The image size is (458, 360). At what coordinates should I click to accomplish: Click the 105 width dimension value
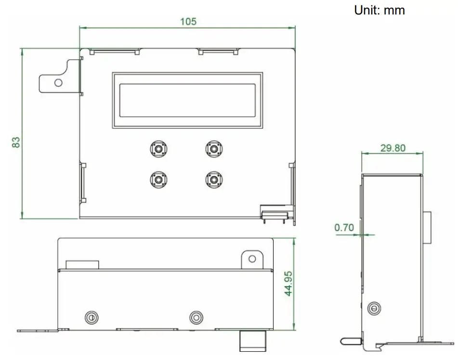[188, 22]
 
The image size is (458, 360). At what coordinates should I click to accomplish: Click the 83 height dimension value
[16, 142]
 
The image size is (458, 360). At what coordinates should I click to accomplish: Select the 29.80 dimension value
[393, 148]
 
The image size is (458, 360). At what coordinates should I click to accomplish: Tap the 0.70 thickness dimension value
[344, 227]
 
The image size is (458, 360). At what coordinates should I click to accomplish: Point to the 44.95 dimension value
[288, 283]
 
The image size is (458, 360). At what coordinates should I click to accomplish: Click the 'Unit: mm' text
[379, 10]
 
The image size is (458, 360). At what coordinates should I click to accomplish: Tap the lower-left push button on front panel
[158, 180]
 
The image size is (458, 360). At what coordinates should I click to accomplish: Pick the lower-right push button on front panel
[213, 180]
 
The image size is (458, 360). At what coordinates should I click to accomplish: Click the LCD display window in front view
[187, 100]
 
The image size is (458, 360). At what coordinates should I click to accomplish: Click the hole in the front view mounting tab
[58, 82]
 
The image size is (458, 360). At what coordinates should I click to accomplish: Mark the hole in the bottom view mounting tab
[252, 259]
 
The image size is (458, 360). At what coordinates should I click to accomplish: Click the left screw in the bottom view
[91, 317]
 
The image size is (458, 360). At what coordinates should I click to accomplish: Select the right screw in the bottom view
[196, 317]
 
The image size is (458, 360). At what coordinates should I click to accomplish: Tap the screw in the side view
[373, 308]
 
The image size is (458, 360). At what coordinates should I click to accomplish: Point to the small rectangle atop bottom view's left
[82, 265]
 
